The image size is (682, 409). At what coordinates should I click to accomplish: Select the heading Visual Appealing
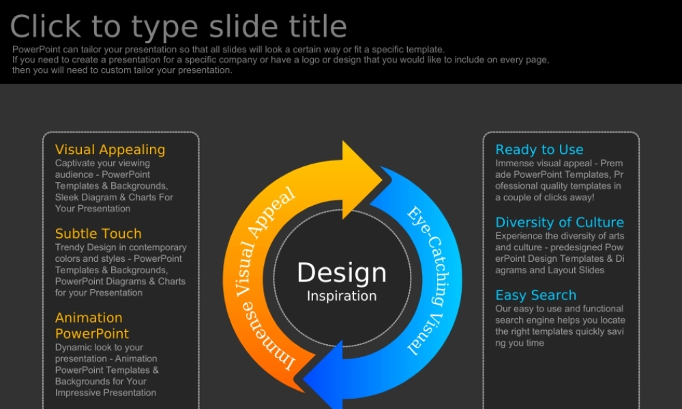tap(110, 150)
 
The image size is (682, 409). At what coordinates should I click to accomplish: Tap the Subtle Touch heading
tap(98, 233)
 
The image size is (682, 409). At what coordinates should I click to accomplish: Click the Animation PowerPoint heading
tap(92, 326)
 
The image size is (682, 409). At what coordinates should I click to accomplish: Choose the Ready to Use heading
tap(539, 150)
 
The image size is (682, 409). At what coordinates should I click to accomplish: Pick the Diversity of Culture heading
tap(560, 222)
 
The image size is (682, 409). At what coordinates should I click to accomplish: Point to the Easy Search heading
tap(536, 296)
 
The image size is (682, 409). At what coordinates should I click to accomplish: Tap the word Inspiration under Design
tap(342, 297)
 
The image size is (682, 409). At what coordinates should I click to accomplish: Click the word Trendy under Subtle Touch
tap(69, 247)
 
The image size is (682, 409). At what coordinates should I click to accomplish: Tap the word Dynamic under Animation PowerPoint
tap(72, 348)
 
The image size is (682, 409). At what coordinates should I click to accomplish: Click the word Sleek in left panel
tap(67, 197)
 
